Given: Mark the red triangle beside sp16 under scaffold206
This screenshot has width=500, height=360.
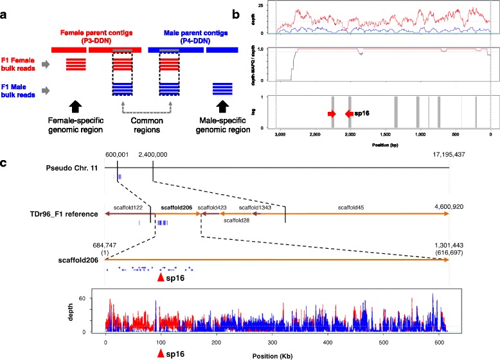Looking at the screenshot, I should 161,277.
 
